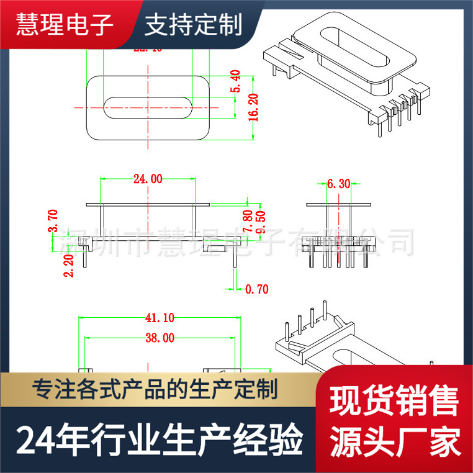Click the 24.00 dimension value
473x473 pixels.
147,179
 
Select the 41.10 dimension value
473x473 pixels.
160,317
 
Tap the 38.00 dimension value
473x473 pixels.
160,338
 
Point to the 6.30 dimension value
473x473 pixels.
338,184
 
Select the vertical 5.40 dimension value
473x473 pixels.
235,81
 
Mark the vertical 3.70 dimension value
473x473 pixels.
53,220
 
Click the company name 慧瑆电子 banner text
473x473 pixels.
65,25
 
